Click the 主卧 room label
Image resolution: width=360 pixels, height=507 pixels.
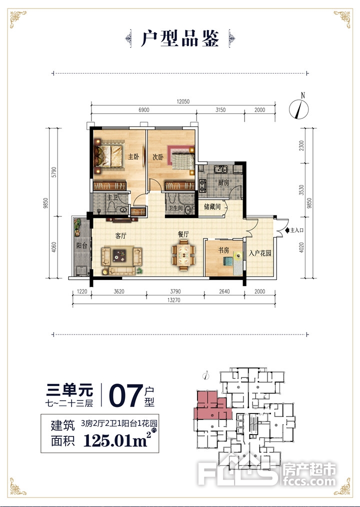(133, 157)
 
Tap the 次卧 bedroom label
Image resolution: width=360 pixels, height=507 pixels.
(158, 157)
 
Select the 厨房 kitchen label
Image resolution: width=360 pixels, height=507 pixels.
(223, 183)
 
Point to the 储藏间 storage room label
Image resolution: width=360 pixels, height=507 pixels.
(212, 206)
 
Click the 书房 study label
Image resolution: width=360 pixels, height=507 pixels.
(223, 250)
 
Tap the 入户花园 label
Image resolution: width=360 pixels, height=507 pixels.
(259, 253)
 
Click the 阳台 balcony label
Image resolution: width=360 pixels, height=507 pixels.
(82, 245)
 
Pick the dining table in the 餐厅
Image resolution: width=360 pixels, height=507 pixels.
(183, 255)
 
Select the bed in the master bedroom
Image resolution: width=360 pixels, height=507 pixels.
(108, 156)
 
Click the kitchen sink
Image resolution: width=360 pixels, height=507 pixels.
(220, 169)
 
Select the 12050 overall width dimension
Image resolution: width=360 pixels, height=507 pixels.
(183, 101)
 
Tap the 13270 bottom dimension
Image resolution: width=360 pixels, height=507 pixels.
(174, 300)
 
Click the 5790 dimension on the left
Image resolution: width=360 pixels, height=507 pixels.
(54, 172)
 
